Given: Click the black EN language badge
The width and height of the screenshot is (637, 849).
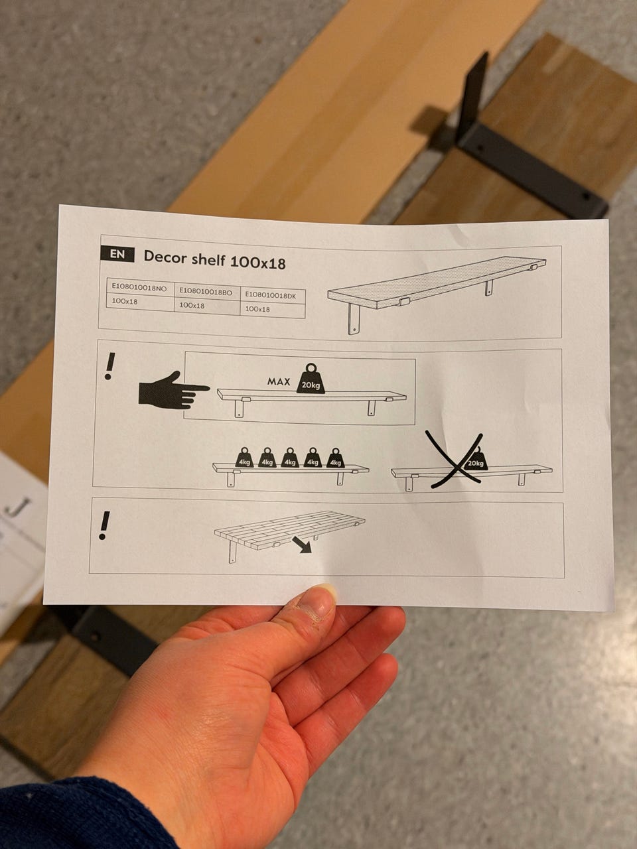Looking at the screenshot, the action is pos(117,254).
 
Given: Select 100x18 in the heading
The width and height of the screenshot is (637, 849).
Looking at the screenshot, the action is pos(257,262).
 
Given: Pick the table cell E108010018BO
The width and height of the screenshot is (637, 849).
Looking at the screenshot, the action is pos(206,292).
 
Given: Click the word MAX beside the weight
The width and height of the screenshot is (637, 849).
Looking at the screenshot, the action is pos(279,382).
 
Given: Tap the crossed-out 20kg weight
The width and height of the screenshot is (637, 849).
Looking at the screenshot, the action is pos(475,459).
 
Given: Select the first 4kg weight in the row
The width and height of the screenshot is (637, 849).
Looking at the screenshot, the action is pos(244,458).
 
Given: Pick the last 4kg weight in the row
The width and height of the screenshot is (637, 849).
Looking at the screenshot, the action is pos(335,458).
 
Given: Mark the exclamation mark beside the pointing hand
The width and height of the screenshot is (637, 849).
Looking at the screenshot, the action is pos(110,365).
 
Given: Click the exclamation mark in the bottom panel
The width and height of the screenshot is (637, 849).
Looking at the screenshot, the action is pos(104,525).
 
